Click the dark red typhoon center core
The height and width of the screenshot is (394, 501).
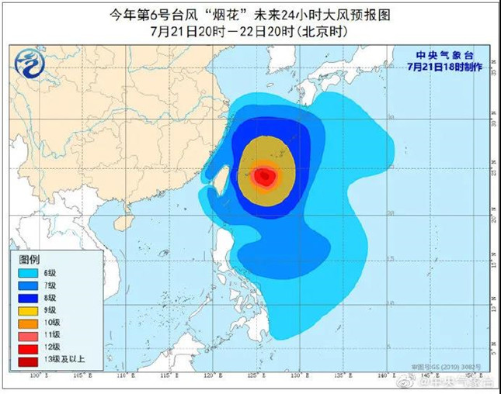[x=266, y=177]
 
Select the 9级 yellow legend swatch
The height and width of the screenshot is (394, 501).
[x=26, y=310]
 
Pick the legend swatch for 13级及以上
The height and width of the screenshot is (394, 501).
[x=26, y=359]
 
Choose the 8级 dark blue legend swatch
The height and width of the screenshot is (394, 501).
[x=26, y=299]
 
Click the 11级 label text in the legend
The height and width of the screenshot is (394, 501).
[x=54, y=335]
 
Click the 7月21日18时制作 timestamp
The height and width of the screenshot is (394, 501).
[x=449, y=67]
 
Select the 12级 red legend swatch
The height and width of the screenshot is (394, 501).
[x=26, y=347]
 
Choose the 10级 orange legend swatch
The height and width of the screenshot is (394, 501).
[x=26, y=323]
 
